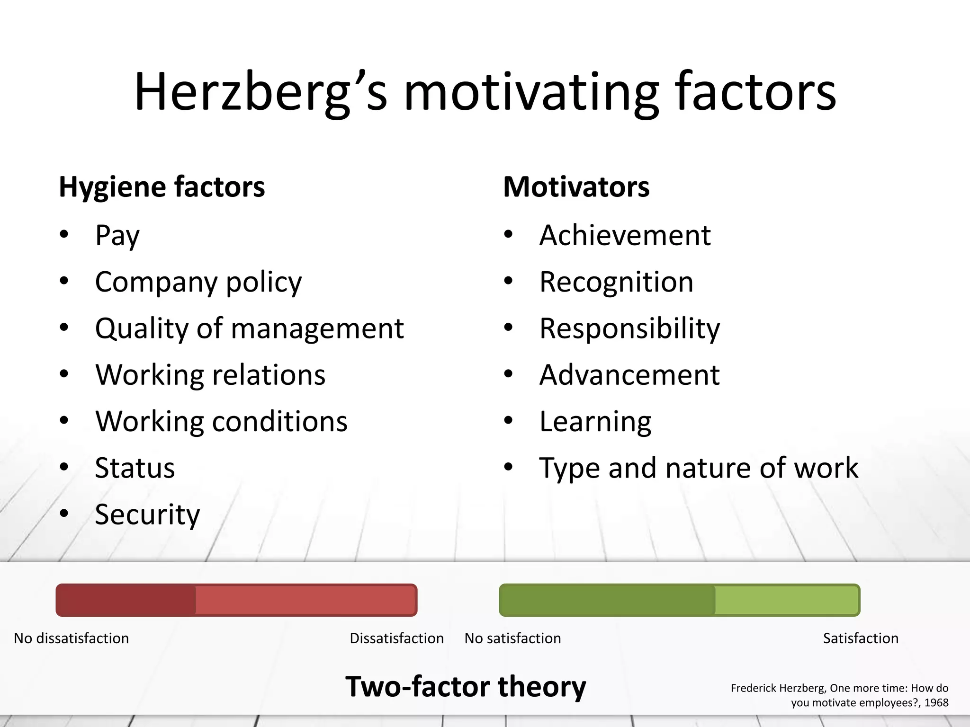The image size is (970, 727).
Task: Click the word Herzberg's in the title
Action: click(x=260, y=92)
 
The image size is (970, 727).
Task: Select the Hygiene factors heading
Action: click(x=162, y=187)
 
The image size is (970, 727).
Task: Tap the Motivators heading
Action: click(x=576, y=187)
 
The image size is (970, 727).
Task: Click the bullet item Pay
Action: click(x=117, y=235)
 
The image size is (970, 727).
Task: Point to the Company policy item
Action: click(x=198, y=283)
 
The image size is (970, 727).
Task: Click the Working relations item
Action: click(x=210, y=375)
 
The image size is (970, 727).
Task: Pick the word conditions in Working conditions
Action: click(x=279, y=421)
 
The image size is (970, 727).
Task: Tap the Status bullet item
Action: click(x=135, y=468)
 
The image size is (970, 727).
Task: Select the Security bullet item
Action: click(x=147, y=514)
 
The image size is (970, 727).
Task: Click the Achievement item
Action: click(x=625, y=235)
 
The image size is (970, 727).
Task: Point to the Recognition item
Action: click(x=616, y=283)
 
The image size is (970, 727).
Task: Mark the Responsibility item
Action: click(x=629, y=329)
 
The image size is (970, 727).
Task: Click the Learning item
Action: click(x=595, y=422)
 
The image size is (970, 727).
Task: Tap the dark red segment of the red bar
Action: click(x=126, y=600)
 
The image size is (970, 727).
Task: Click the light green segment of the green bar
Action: click(x=786, y=600)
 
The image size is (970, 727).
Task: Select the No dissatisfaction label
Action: click(x=71, y=638)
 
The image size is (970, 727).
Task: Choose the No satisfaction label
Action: click(x=512, y=638)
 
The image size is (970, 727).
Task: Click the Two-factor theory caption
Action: click(x=465, y=687)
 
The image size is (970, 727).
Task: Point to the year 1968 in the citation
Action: click(x=936, y=702)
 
